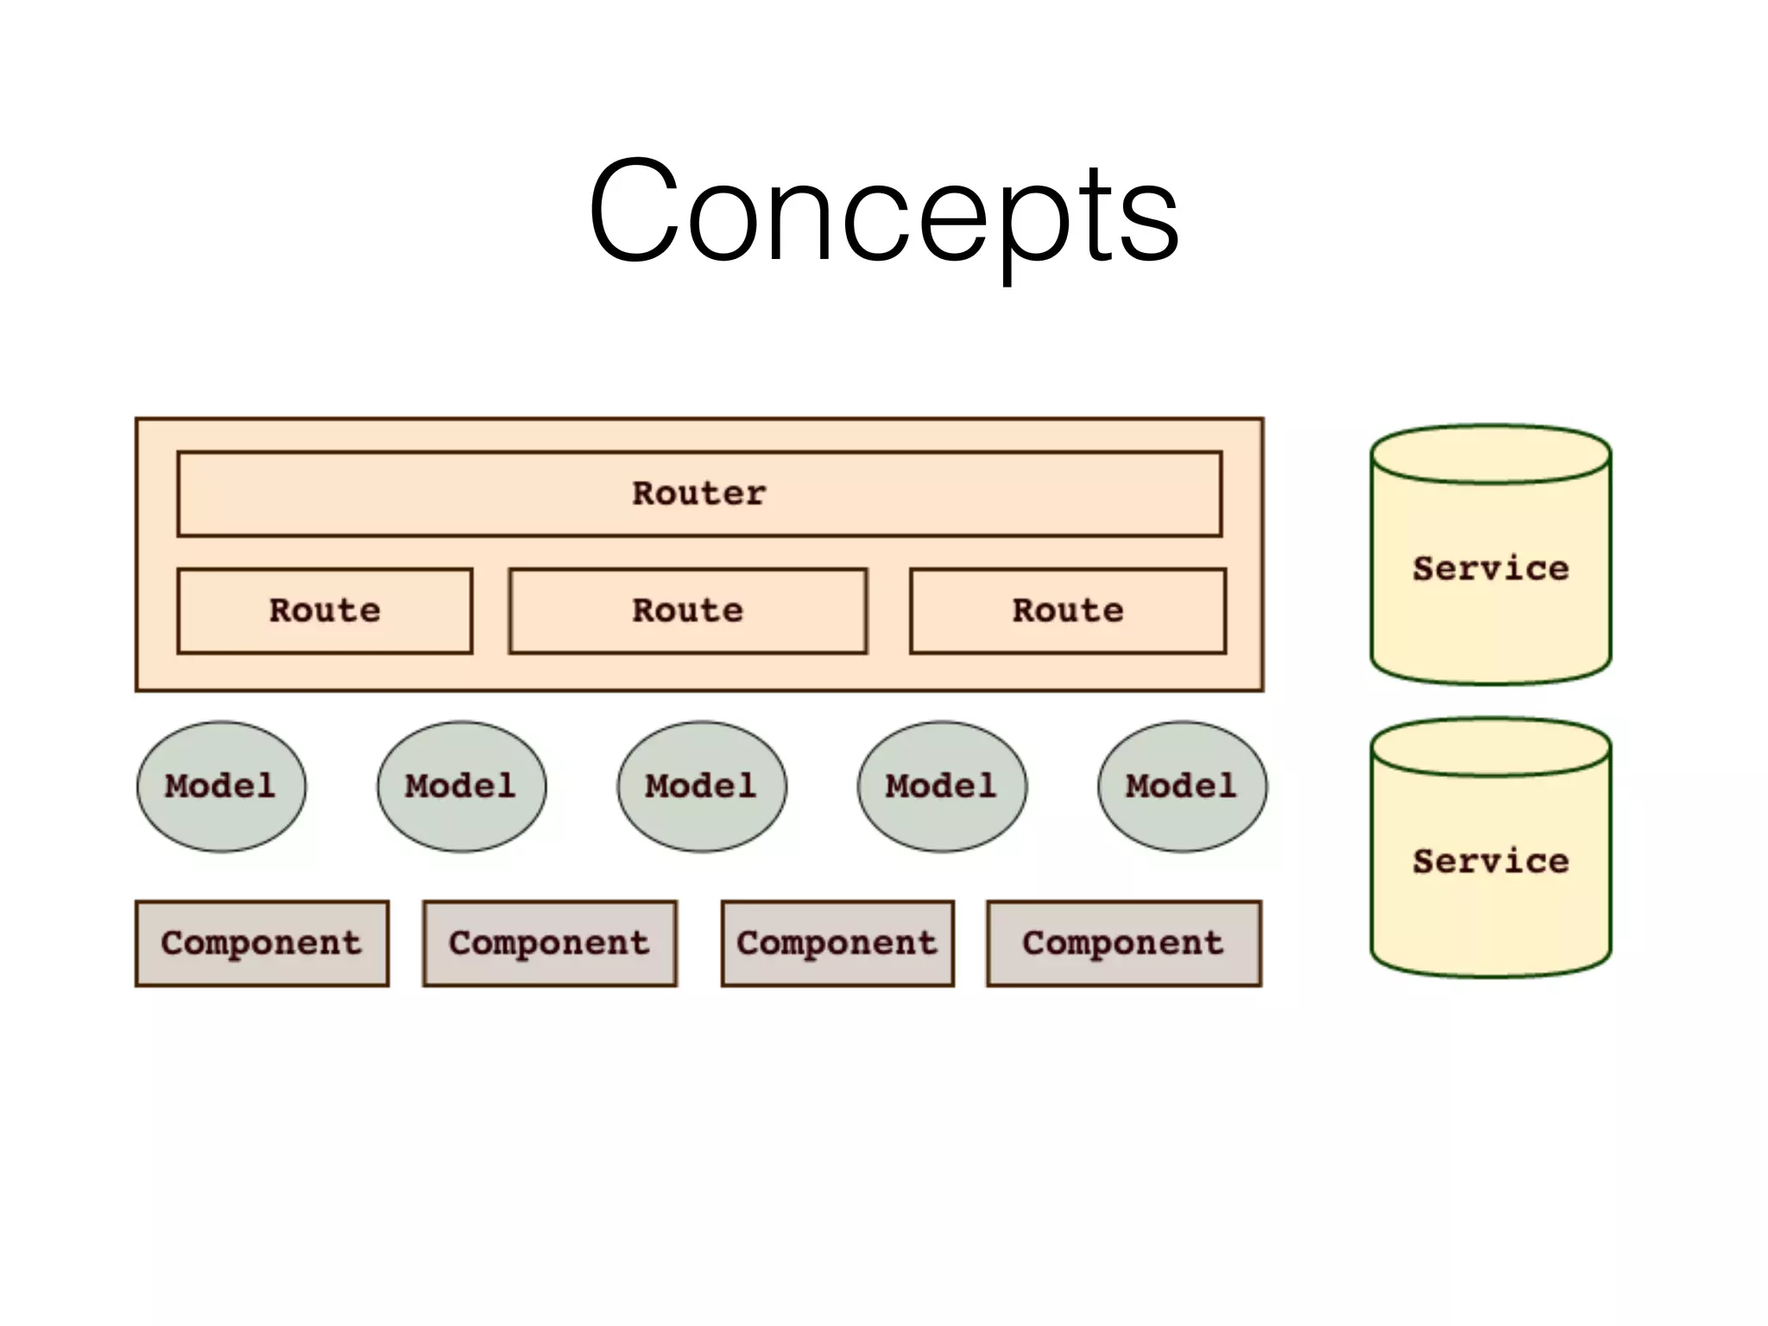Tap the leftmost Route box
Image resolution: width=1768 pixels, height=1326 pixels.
click(325, 611)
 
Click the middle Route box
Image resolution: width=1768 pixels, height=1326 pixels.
click(687, 611)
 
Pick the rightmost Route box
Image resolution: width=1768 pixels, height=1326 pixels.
click(1068, 611)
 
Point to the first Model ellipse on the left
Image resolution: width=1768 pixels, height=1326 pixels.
click(221, 786)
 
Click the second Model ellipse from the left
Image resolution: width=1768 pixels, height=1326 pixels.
click(461, 786)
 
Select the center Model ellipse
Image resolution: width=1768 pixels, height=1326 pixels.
click(701, 786)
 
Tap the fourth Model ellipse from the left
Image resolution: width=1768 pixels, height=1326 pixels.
click(942, 786)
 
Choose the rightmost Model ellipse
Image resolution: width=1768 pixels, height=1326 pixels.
click(1182, 786)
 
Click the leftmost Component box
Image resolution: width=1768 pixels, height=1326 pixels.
click(262, 944)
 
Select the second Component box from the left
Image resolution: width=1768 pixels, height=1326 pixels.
click(549, 944)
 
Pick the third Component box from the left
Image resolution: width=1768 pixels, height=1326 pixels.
click(837, 944)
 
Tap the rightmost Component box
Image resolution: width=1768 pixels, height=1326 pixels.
click(1123, 944)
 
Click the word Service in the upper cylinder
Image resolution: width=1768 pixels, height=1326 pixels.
click(1491, 569)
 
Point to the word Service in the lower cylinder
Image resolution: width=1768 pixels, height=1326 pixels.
click(1491, 862)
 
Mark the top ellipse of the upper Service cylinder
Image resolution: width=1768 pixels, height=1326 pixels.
click(1491, 454)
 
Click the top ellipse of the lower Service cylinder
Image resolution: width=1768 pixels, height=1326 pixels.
click(1491, 748)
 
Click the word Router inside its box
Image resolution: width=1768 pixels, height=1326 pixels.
click(699, 494)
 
